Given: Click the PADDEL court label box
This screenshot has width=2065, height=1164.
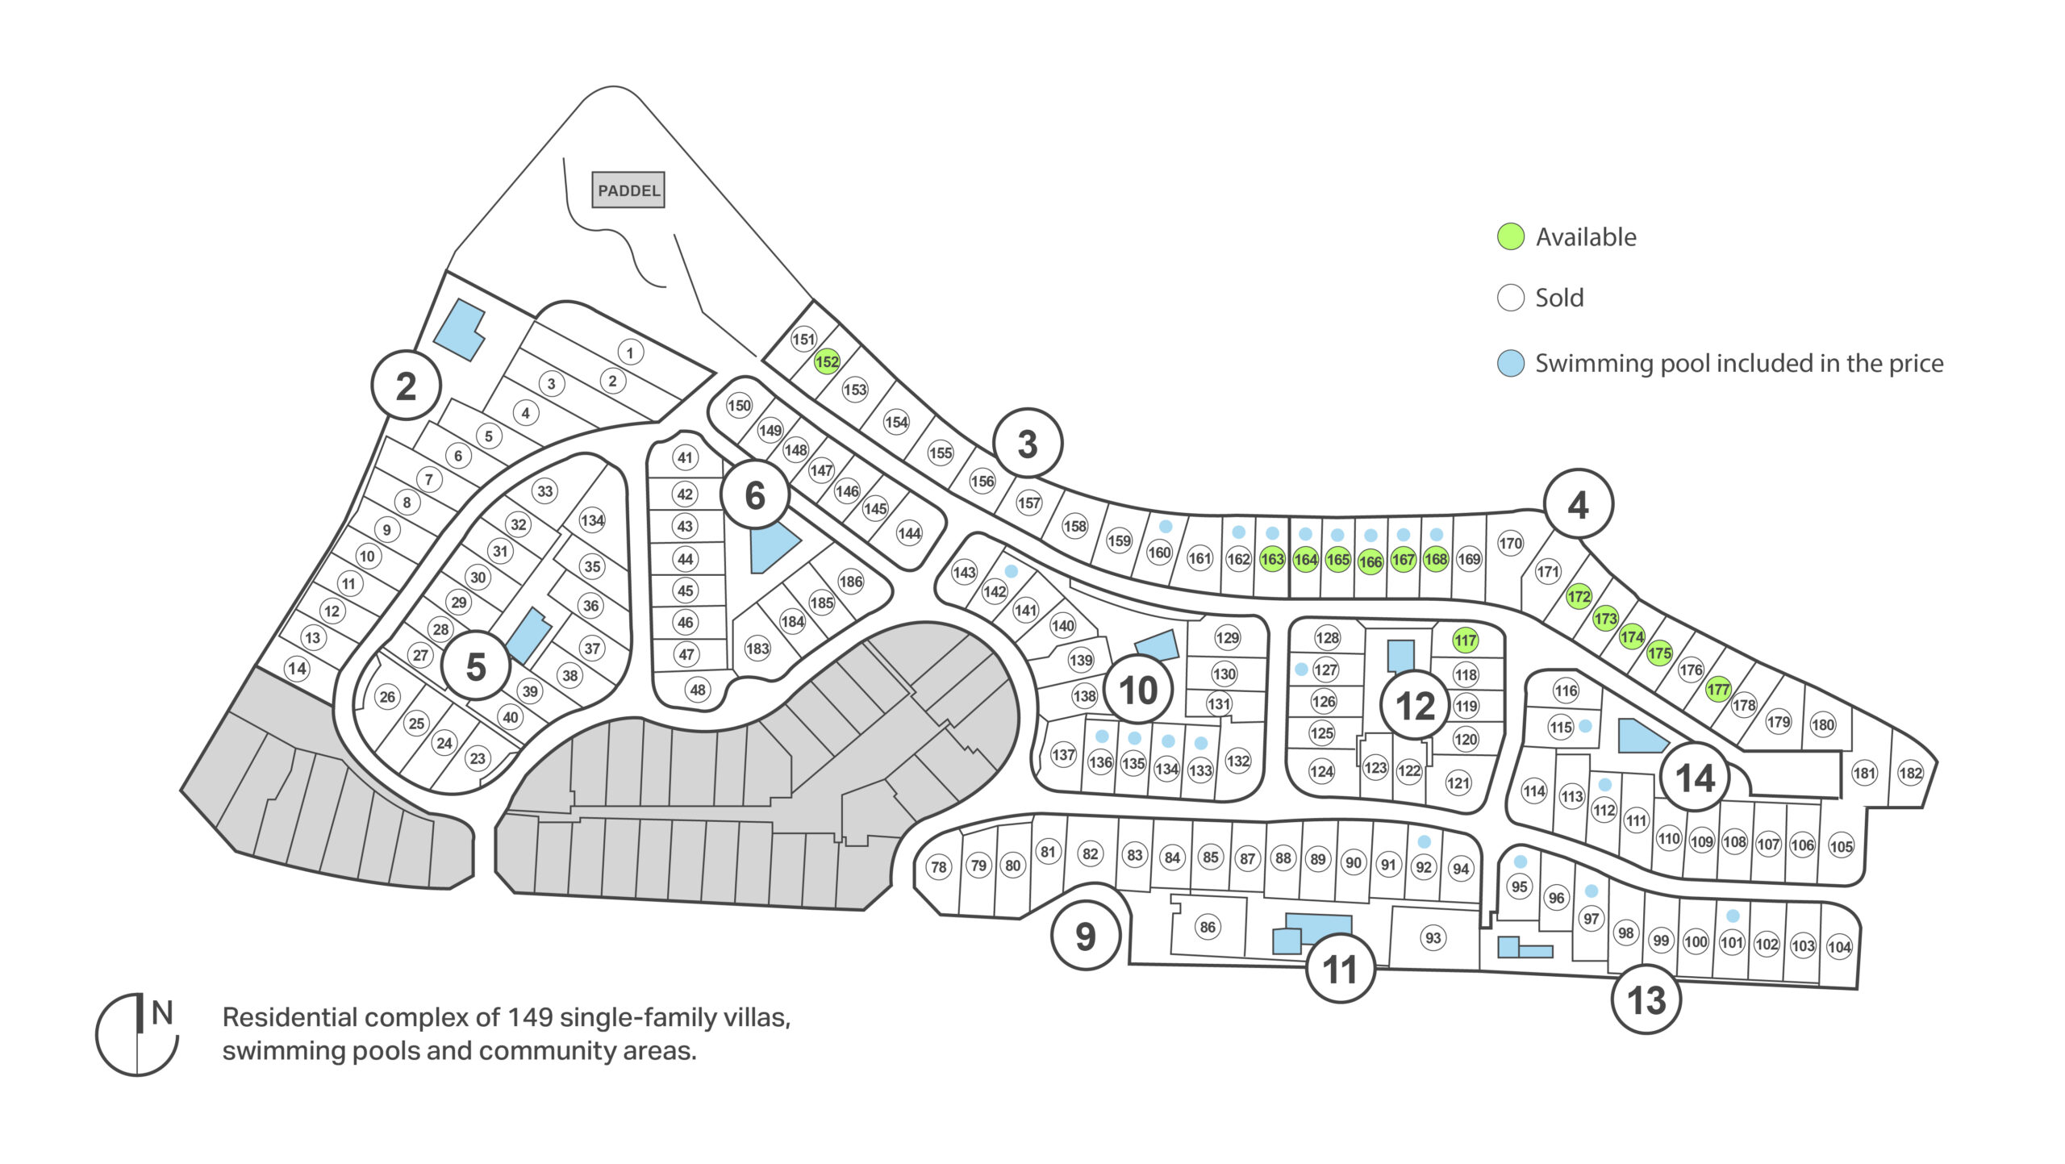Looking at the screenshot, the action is [628, 190].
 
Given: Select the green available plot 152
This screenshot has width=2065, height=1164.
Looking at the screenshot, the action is [827, 361].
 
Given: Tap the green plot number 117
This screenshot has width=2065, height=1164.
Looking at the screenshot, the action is [1466, 640].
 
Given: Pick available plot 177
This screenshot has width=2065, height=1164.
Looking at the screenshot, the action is [1718, 690].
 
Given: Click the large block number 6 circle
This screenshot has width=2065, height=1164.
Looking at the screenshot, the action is [755, 494].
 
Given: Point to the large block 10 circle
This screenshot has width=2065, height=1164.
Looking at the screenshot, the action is [1138, 690].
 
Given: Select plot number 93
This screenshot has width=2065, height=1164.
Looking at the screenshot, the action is [1433, 937].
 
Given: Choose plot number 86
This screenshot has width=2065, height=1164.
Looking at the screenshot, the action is [1208, 927].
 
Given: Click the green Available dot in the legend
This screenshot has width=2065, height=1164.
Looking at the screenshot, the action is [1511, 236].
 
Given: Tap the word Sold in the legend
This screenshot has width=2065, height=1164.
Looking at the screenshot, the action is [1559, 298].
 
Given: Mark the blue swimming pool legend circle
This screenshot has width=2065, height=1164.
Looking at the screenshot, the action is [1511, 363].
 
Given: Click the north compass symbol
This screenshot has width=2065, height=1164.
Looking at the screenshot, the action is [137, 1034].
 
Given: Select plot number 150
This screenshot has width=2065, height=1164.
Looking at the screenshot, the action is [739, 405].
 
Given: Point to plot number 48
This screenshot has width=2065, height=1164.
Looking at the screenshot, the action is [698, 690].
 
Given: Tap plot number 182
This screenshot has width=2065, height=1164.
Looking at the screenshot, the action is [1910, 773].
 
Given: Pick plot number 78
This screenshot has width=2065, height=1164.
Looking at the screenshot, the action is [938, 867].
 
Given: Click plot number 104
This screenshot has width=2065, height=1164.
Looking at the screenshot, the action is [1839, 947].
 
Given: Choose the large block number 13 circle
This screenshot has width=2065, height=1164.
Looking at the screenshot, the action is [1646, 1000].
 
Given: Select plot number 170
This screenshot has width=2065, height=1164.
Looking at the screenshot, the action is [1510, 543].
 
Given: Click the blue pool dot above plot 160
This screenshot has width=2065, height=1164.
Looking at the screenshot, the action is [1166, 526].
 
